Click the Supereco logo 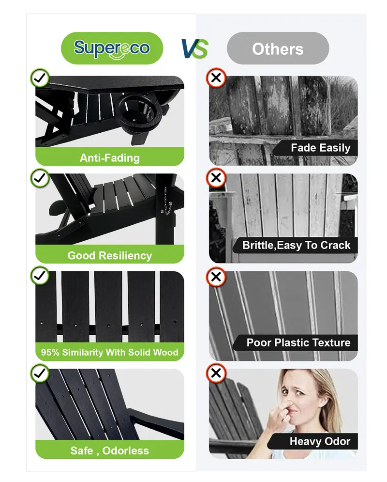point(112,48)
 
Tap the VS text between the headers point(194,48)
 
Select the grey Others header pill point(278,48)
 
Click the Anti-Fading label point(109,158)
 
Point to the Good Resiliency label point(109,255)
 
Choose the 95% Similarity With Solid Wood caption point(109,352)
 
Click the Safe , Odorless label point(109,451)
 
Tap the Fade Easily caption point(320,148)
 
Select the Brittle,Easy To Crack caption point(296,245)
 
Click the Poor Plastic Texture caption point(298,342)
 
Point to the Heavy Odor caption point(320,441)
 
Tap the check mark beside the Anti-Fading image point(40,78)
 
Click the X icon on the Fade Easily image point(216,78)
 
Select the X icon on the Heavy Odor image point(216,373)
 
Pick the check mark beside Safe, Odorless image point(40,373)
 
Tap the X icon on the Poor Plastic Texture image point(216,277)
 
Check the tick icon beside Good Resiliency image point(40,178)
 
